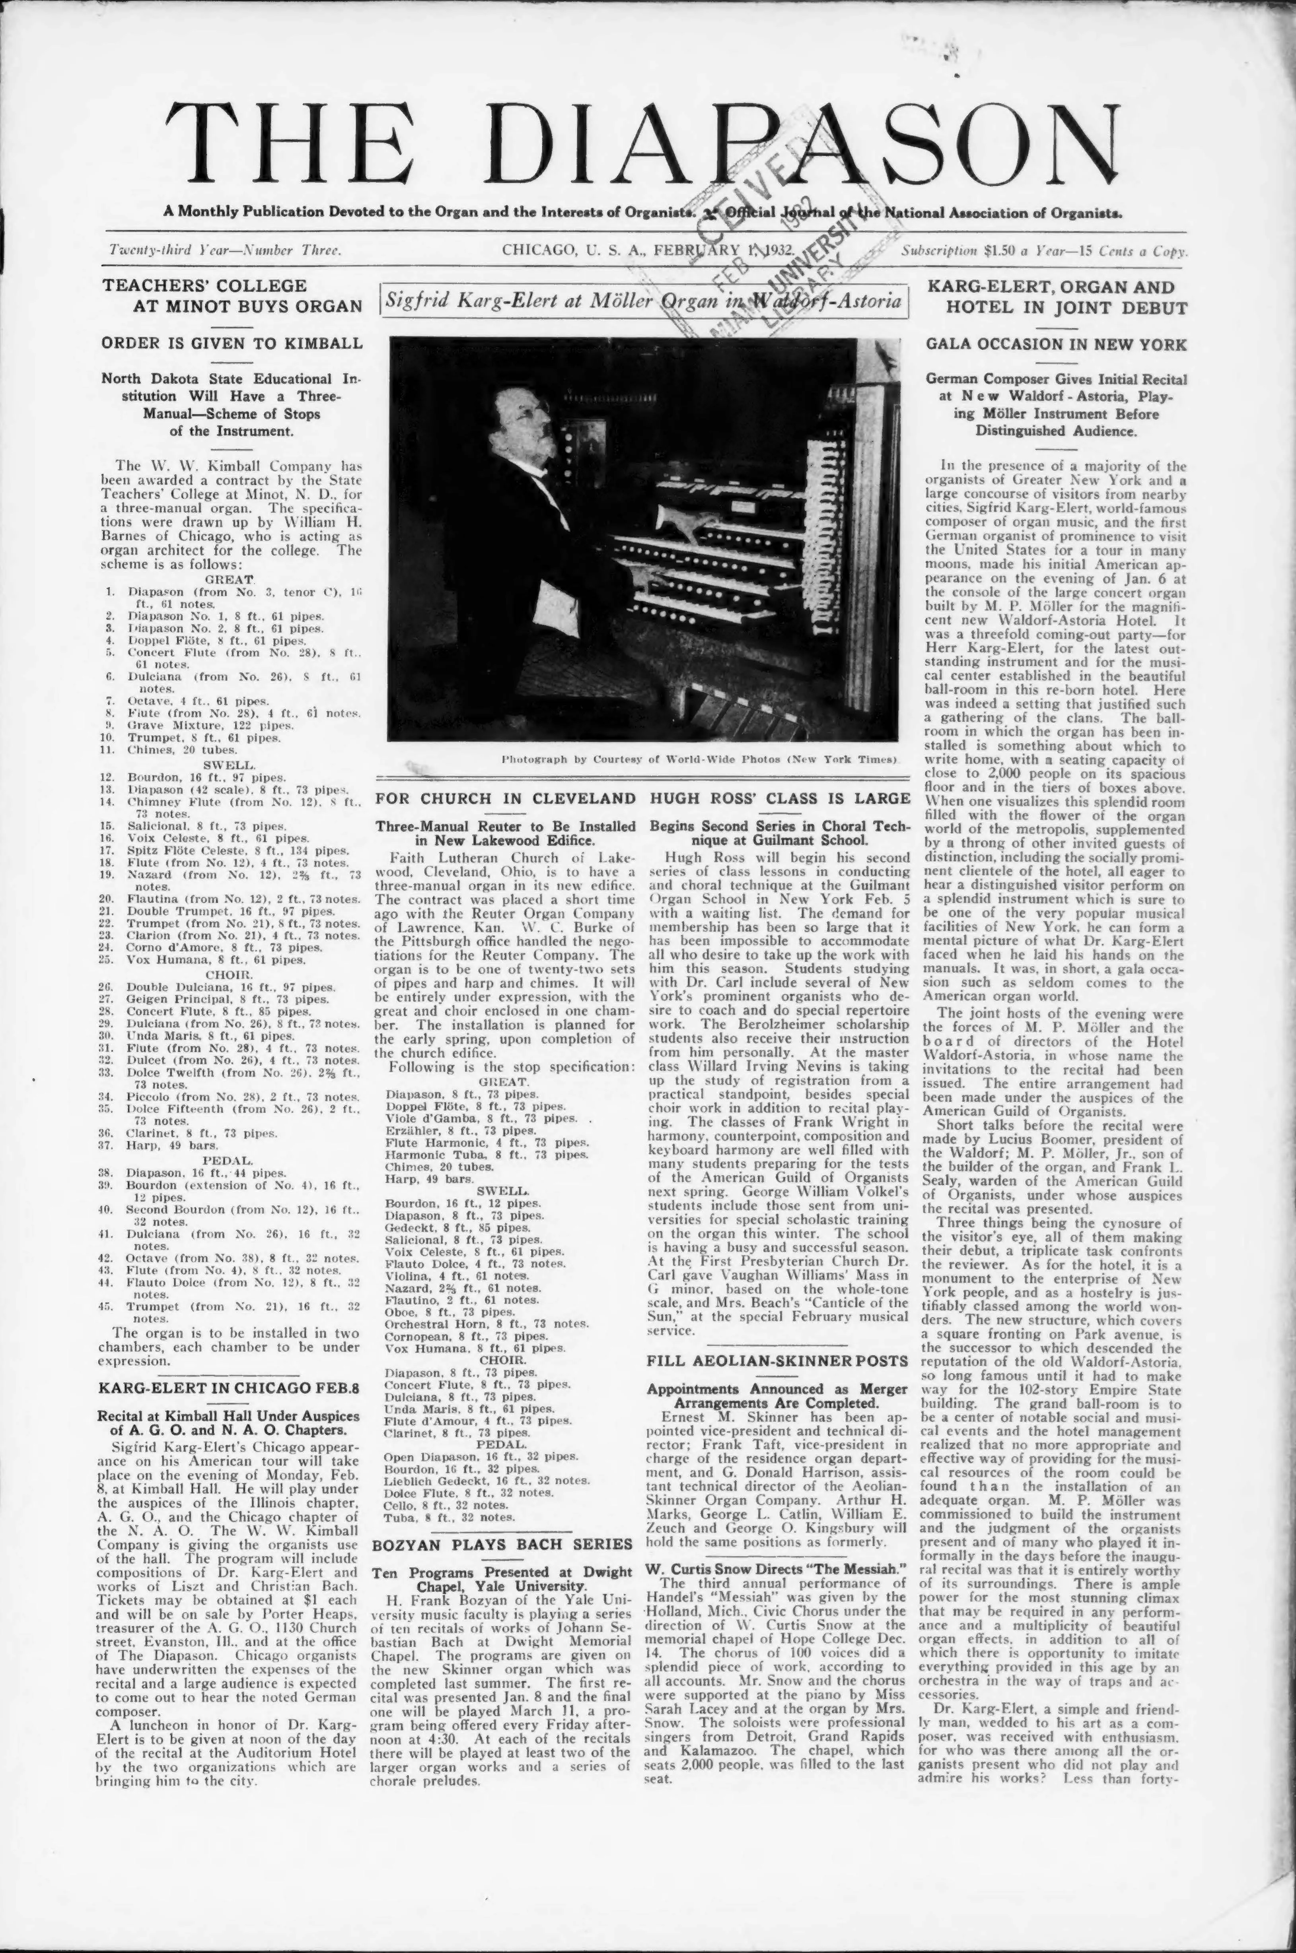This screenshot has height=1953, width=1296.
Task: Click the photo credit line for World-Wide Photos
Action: tap(699, 758)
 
